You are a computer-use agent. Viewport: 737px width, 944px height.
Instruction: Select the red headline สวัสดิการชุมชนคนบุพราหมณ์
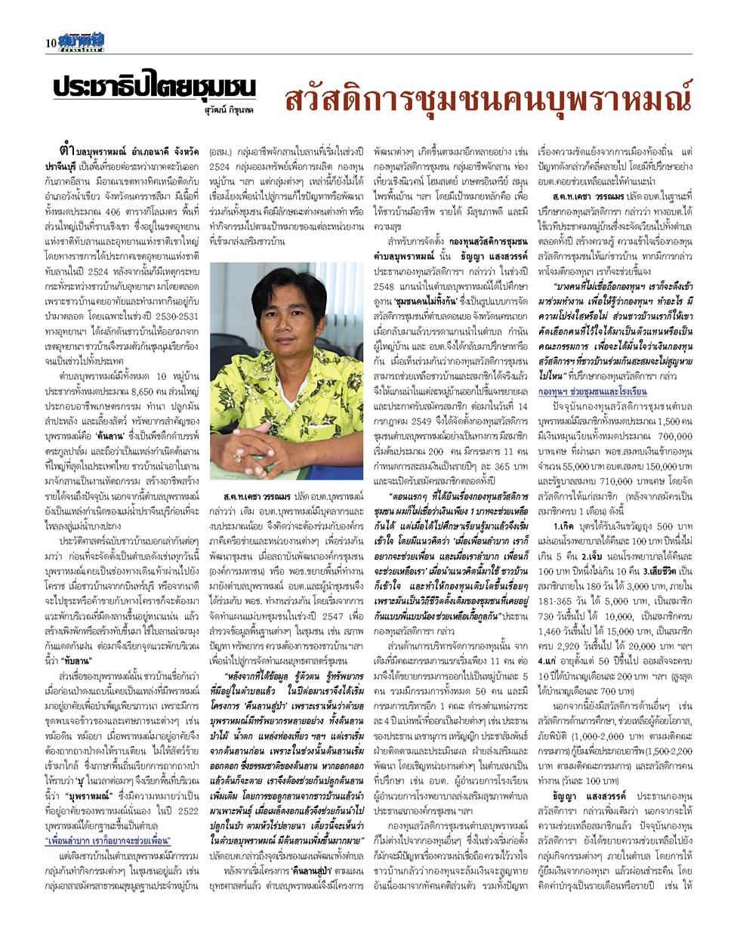[x=488, y=99]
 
